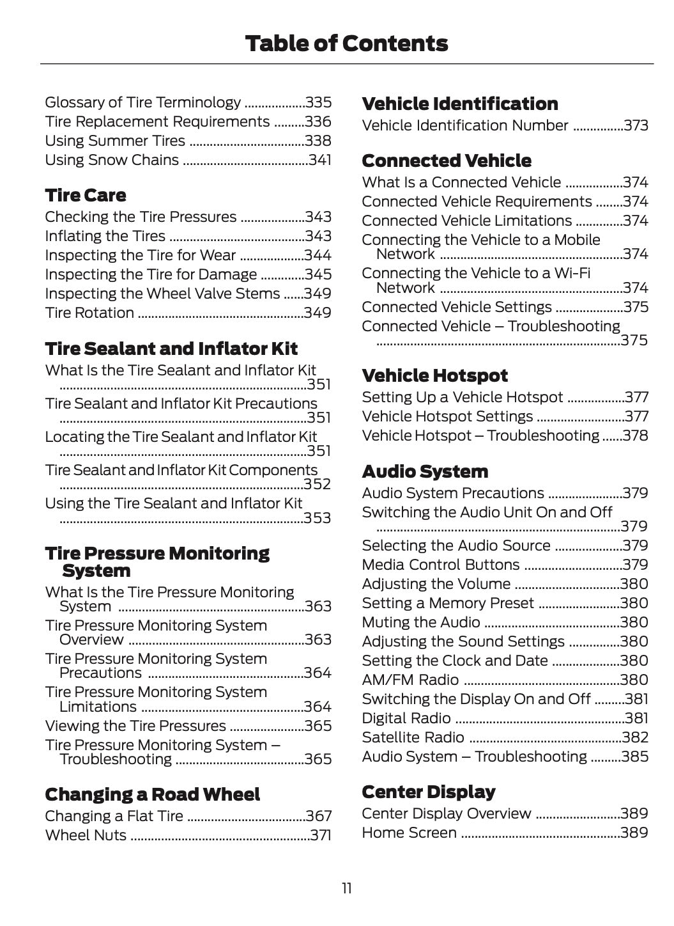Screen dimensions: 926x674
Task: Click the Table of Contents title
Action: point(346,43)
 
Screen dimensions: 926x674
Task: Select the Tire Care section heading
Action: point(86,195)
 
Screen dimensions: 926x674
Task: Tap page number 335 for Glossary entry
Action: point(318,102)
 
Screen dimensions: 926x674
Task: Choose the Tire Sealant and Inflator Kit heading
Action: point(171,349)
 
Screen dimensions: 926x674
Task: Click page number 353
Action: point(318,517)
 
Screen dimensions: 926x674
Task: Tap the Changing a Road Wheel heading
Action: point(153,794)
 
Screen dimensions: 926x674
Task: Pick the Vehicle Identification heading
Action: point(460,104)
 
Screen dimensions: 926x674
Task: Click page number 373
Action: point(636,125)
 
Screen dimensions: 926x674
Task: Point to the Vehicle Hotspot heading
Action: point(435,375)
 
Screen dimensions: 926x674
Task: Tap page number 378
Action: point(635,436)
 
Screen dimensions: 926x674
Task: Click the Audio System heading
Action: point(425,471)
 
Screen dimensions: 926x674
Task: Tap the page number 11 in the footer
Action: point(346,888)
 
